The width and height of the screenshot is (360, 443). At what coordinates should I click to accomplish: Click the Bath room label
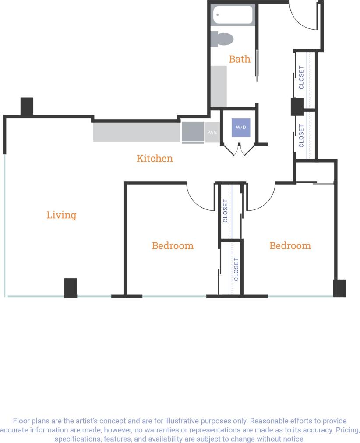240,59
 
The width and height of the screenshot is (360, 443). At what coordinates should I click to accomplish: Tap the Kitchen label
155,158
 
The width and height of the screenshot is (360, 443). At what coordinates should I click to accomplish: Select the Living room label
61,215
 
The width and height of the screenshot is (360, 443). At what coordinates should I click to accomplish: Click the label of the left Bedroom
173,245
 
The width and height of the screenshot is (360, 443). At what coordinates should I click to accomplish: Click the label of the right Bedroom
290,245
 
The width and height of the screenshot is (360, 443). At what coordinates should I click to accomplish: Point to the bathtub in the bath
233,15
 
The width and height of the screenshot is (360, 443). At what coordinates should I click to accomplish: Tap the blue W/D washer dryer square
241,128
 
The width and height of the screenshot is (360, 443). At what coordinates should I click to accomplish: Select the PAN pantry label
212,131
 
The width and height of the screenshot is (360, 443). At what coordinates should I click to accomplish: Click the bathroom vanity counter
219,86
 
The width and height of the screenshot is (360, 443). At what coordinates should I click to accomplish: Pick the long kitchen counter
137,132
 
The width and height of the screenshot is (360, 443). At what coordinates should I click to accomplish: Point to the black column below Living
71,288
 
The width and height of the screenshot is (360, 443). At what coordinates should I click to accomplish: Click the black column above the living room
27,106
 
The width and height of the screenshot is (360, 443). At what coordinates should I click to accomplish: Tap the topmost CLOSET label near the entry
301,77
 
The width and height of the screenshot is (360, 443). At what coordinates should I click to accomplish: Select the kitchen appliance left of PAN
193,132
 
